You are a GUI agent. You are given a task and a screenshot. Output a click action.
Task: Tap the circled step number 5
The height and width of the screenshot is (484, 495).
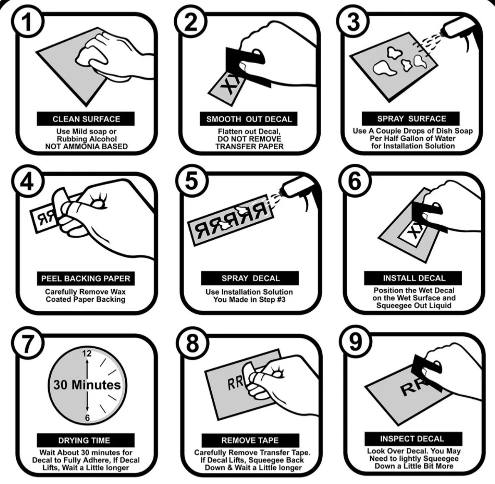pyautogui.click(x=191, y=182)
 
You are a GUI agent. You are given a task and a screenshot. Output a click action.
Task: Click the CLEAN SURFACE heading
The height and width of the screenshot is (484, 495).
pyautogui.click(x=86, y=119)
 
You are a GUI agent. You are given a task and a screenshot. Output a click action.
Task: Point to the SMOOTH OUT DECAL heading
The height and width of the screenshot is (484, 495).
pyautogui.click(x=249, y=119)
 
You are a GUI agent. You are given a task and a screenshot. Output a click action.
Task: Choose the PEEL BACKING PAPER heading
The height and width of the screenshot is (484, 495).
pyautogui.click(x=86, y=278)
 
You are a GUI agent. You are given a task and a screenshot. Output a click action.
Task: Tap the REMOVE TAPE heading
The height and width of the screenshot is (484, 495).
pyautogui.click(x=250, y=440)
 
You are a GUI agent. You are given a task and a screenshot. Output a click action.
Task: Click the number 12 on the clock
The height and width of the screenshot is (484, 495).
pyautogui.click(x=87, y=354)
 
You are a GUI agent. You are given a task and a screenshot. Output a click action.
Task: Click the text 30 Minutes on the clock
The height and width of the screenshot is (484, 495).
pyautogui.click(x=87, y=385)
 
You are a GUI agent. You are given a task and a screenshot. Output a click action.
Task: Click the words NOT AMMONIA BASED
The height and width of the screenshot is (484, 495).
pyautogui.click(x=86, y=146)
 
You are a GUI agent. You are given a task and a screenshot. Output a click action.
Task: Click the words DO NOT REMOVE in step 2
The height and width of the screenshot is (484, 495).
pyautogui.click(x=249, y=139)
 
